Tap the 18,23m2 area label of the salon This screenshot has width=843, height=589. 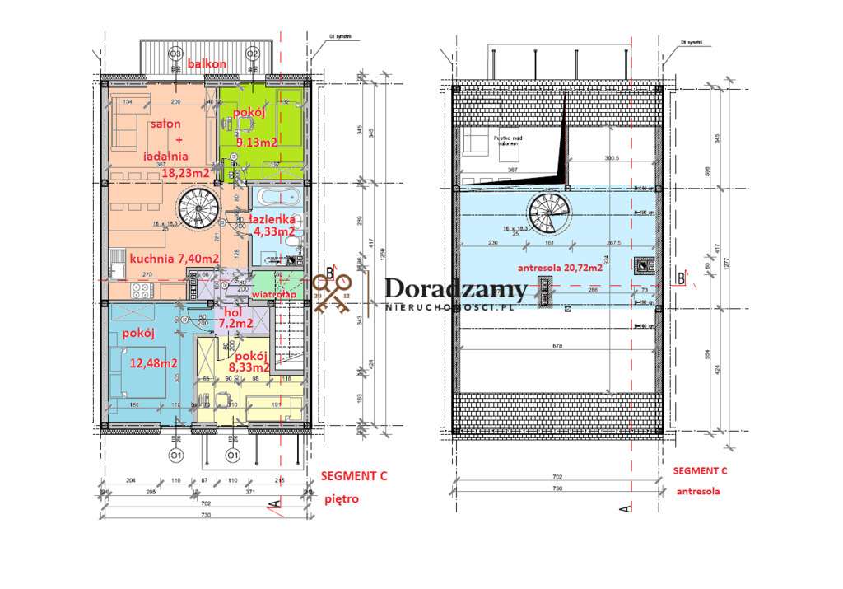pos(185,173)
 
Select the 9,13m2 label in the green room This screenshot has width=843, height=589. pos(254,142)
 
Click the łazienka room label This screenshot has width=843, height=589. pos(272,220)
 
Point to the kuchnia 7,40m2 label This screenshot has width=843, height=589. pos(174,259)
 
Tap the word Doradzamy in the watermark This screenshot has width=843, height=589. pos(455,289)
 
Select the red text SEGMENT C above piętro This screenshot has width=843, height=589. pos(353,476)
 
